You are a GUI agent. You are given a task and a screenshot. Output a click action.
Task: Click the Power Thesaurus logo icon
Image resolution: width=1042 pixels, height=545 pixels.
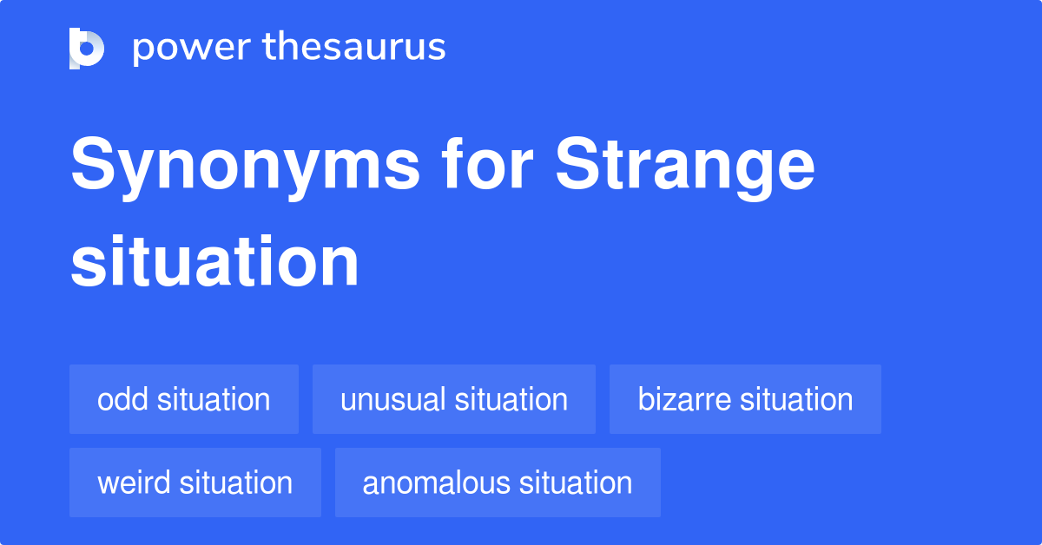(x=87, y=48)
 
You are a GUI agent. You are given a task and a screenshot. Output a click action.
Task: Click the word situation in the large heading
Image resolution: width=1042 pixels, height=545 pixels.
(x=214, y=261)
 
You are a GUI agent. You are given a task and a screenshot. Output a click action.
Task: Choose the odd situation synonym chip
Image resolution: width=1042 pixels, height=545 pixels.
(x=184, y=399)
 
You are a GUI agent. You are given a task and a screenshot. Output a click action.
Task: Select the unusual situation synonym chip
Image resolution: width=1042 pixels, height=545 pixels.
(x=454, y=399)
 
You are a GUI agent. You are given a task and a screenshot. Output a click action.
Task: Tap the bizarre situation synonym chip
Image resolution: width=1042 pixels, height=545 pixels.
(x=745, y=399)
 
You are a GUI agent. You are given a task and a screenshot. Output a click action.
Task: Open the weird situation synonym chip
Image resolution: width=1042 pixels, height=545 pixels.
(x=195, y=483)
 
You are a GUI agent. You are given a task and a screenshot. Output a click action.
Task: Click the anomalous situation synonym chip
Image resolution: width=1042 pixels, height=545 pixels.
(x=498, y=483)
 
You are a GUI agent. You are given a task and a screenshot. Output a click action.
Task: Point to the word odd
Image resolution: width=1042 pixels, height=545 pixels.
(x=121, y=399)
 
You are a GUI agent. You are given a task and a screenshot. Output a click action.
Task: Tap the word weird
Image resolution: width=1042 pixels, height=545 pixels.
(x=132, y=483)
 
